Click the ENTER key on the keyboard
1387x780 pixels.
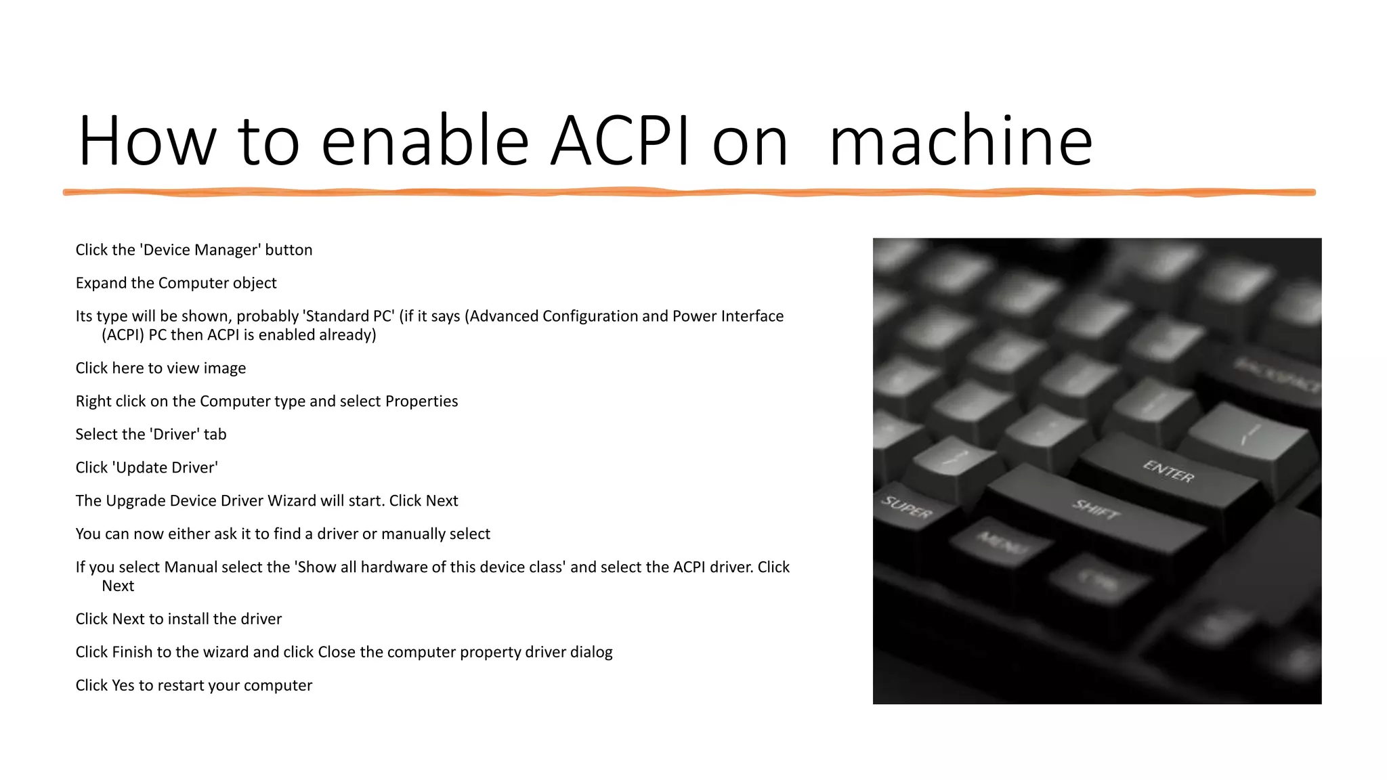pyautogui.click(x=1168, y=471)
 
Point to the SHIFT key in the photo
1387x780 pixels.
pyautogui.click(x=1095, y=508)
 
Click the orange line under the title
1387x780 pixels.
pyautogui.click(x=689, y=192)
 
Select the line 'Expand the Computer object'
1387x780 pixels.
pyautogui.click(x=176, y=283)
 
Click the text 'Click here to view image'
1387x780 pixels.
pyautogui.click(x=161, y=368)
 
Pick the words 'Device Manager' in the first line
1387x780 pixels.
pyautogui.click(x=201, y=250)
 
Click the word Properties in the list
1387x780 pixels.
pyautogui.click(x=421, y=402)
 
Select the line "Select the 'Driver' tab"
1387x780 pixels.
pyautogui.click(x=151, y=435)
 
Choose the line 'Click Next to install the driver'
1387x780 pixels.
pyautogui.click(x=178, y=619)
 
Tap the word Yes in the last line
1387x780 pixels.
pyautogui.click(x=123, y=685)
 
